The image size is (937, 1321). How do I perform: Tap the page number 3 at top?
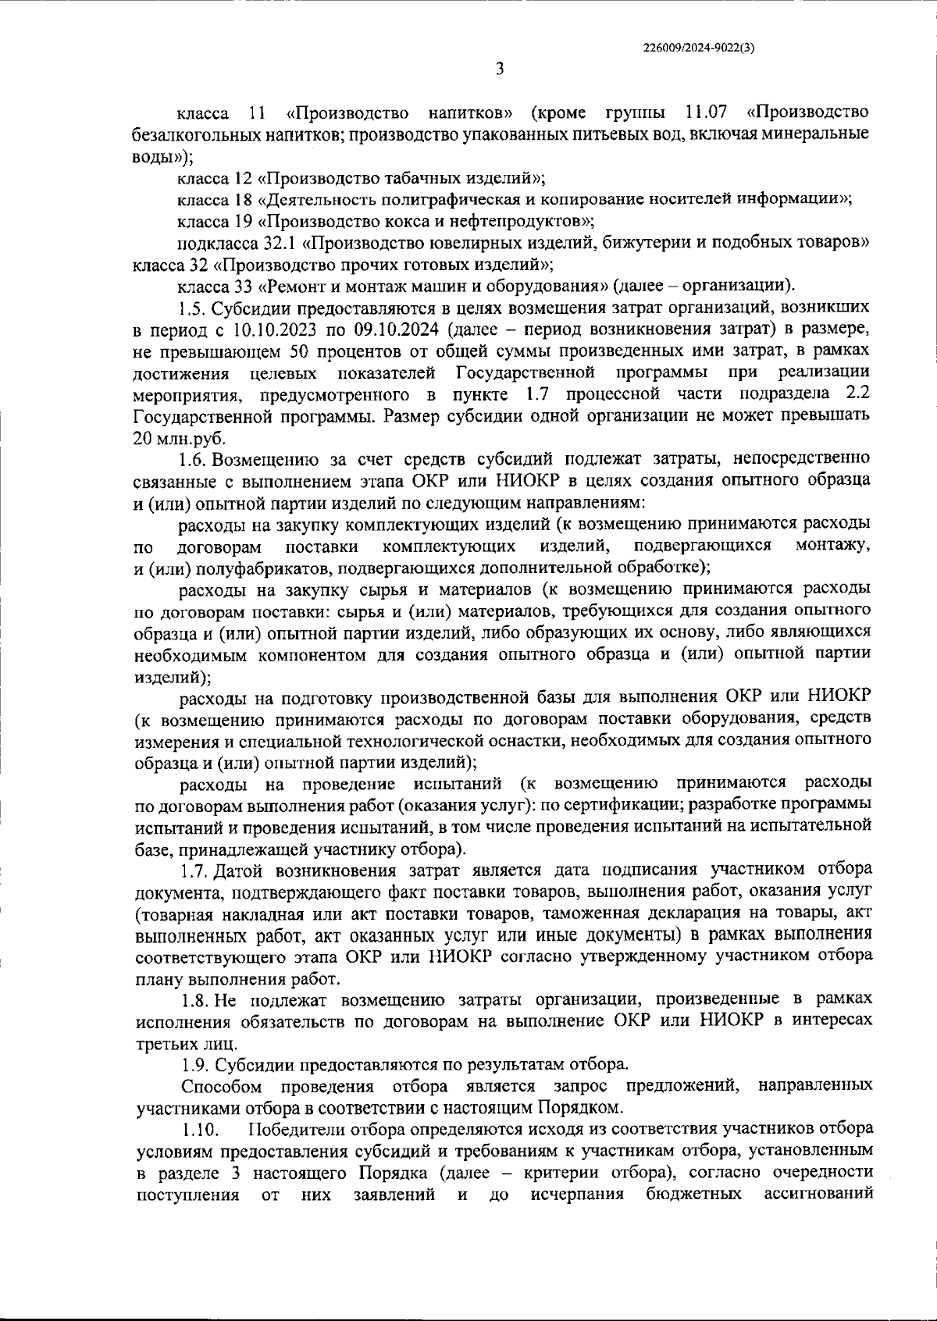500,69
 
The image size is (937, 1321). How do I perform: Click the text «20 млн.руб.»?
180,438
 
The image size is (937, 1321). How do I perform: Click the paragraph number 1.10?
197,1129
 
